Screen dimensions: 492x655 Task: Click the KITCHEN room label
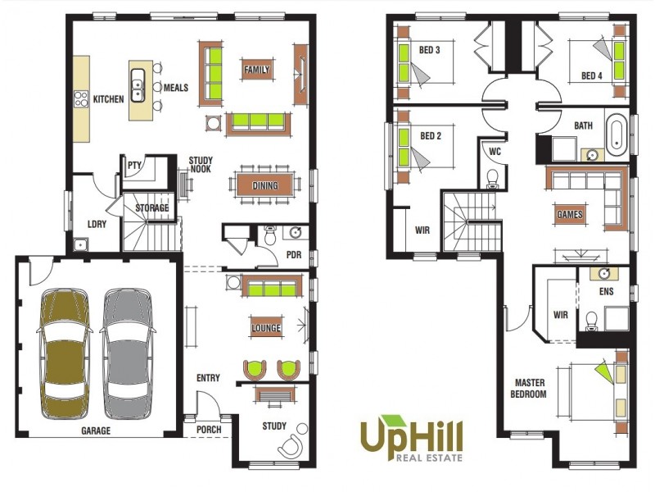[108, 98]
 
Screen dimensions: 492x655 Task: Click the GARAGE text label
[96, 430]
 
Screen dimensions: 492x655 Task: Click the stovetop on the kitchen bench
[81, 99]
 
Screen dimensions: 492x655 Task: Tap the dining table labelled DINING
[264, 185]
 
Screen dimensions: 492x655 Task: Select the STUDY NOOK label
[201, 166]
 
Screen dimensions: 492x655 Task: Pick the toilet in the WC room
[492, 178]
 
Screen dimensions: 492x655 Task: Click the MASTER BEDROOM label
[530, 388]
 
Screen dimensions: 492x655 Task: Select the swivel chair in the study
[290, 446]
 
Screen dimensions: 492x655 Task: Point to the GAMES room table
[570, 215]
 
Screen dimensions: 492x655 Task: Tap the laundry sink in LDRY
[79, 244]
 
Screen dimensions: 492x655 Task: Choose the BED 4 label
[592, 75]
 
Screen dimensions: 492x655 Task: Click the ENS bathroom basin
[603, 273]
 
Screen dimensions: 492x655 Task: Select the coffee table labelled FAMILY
[256, 71]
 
